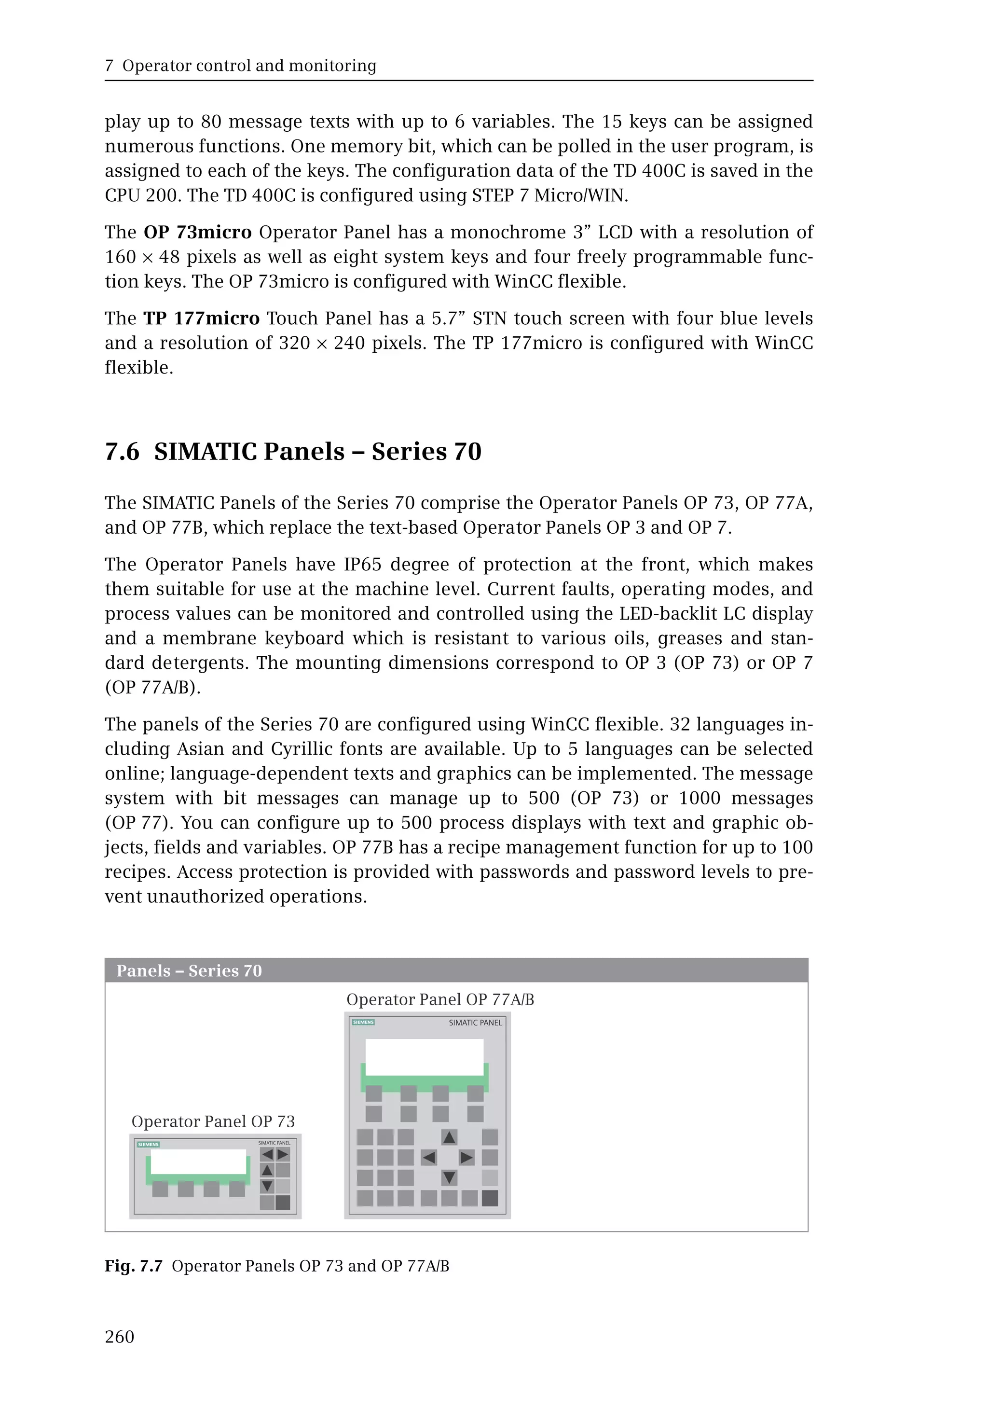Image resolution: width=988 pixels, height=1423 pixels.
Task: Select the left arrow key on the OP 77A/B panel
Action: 428,1157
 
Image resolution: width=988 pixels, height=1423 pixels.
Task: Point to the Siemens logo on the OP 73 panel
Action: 149,1145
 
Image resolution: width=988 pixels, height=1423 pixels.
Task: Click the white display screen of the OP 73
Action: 198,1161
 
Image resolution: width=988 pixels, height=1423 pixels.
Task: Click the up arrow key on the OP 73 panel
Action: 267,1170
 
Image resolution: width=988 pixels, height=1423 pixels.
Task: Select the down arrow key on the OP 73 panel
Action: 267,1186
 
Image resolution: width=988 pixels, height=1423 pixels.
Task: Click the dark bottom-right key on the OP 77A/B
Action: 490,1198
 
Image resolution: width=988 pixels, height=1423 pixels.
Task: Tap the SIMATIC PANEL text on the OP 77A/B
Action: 476,1022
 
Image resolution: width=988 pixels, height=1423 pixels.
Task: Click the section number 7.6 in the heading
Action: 123,452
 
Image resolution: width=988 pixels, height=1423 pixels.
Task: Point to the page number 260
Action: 120,1337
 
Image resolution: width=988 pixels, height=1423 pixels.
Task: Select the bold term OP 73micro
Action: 197,232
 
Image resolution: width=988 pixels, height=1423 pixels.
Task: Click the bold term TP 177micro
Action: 202,318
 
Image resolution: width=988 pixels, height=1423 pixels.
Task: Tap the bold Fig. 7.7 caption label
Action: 133,1266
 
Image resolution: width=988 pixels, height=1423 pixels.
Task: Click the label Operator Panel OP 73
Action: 213,1121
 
